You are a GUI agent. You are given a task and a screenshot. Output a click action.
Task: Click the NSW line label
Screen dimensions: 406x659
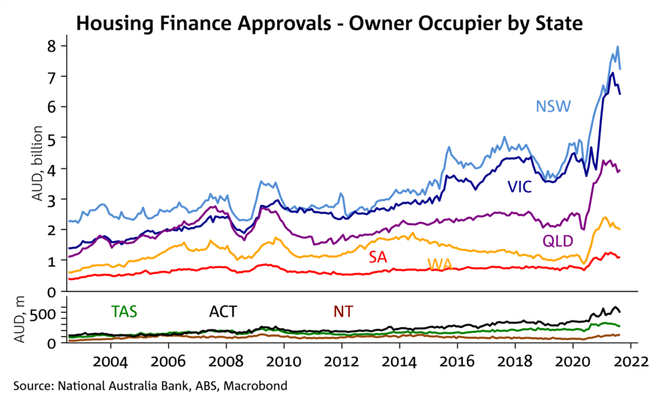coord(553,106)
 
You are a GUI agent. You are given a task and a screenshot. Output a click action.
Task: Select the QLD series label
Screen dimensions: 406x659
coord(558,241)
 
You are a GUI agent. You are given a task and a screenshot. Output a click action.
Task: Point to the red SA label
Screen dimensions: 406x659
coord(378,257)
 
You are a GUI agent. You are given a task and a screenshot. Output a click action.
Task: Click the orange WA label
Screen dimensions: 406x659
coord(439,264)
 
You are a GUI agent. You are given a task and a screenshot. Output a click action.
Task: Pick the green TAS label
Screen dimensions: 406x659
coord(124,312)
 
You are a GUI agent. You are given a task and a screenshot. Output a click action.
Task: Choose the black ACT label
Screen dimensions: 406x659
coord(223,312)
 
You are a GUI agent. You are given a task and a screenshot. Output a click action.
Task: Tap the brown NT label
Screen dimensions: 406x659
coord(343,312)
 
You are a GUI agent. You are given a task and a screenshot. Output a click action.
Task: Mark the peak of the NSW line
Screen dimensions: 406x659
coord(618,47)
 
